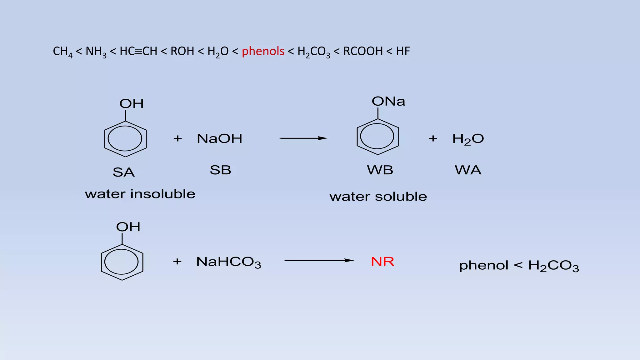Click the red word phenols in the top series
click(263, 51)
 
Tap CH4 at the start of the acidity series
click(62, 52)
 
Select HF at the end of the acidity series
click(403, 51)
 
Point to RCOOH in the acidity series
click(363, 51)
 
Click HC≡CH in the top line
click(138, 51)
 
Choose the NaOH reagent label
click(219, 138)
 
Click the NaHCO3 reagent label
click(228, 262)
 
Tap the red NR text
click(382, 261)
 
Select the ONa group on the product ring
click(388, 101)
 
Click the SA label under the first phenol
click(123, 172)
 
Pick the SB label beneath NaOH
click(220, 170)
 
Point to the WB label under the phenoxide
click(380, 170)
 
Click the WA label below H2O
click(468, 170)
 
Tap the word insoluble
click(162, 194)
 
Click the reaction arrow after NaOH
click(303, 138)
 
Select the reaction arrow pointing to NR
click(319, 260)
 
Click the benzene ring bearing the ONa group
click(377, 137)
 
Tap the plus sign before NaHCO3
click(177, 261)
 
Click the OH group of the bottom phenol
click(128, 227)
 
